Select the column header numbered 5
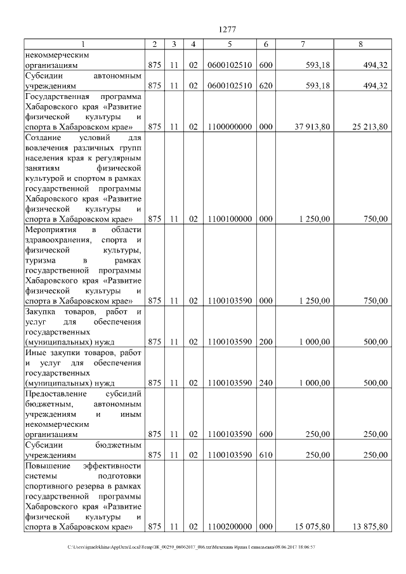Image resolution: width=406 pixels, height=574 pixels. pos(230,44)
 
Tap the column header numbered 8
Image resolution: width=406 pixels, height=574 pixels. pos(360,44)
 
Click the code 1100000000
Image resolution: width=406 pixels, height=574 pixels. pos(230,127)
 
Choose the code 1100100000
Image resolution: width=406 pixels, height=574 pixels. pos(230,219)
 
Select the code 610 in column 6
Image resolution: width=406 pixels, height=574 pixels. pos(266,455)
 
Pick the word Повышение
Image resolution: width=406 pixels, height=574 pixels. pos(49,466)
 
